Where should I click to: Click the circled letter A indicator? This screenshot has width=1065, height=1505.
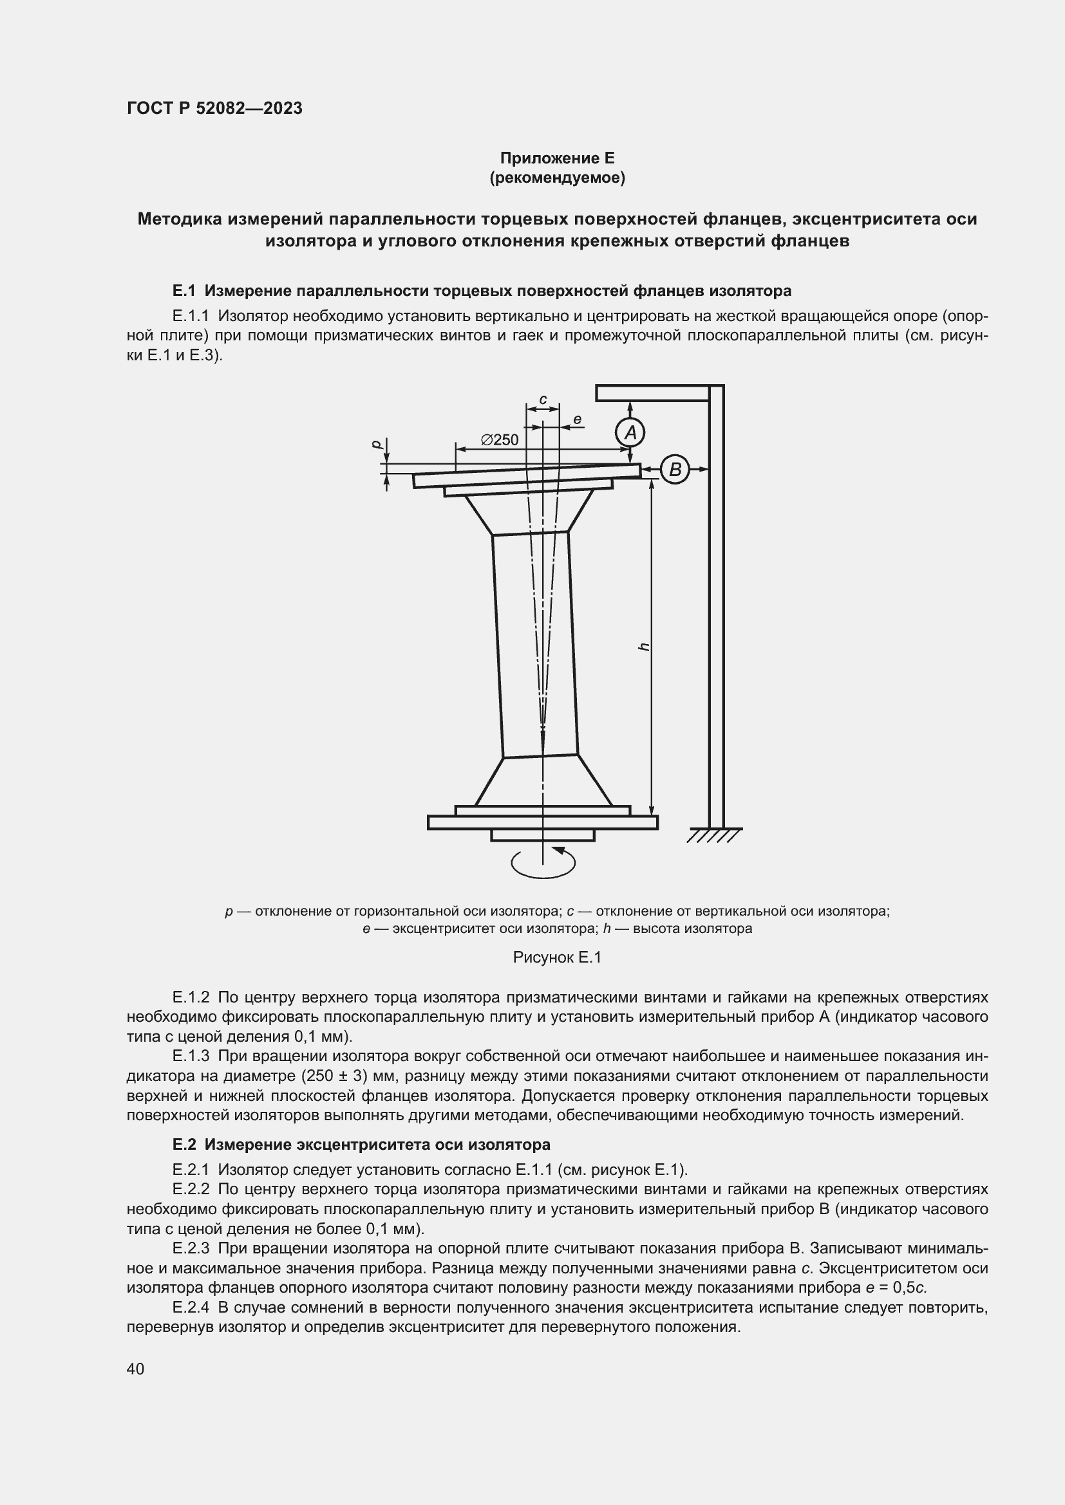(630, 432)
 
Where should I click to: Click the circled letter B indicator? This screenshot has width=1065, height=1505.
(675, 469)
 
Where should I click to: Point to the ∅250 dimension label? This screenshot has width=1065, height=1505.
(499, 440)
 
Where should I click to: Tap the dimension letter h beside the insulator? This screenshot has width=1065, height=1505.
(644, 646)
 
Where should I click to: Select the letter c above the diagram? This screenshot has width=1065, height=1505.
(543, 399)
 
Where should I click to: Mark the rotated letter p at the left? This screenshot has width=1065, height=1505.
(377, 444)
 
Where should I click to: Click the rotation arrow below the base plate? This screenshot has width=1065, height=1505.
(543, 863)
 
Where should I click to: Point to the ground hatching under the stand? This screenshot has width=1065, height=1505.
(715, 835)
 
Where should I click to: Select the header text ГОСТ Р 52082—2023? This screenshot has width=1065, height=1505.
(214, 108)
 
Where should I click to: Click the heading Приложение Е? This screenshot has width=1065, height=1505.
(557, 158)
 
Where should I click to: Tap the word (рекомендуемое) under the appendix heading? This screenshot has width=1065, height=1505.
(557, 178)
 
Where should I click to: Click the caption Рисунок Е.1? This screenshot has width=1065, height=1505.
(557, 957)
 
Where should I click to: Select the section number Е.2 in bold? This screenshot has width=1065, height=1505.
(185, 1145)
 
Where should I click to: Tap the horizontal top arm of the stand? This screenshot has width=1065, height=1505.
(652, 392)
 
